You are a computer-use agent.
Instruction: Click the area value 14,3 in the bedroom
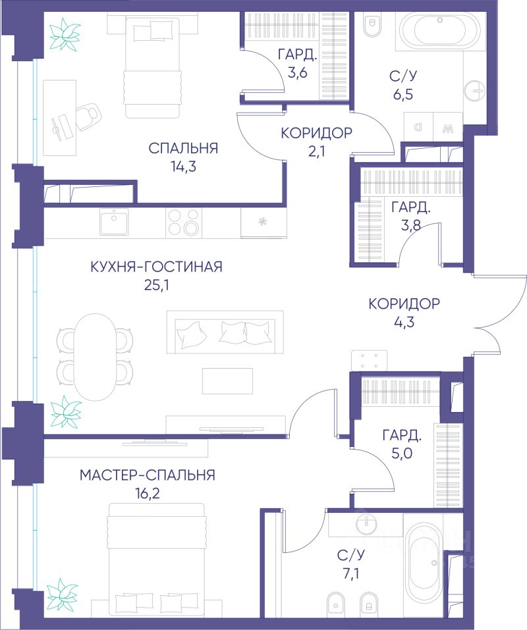coord(183,167)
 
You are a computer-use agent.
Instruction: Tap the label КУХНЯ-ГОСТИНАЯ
coord(156,267)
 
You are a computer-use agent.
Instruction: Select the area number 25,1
coord(156,285)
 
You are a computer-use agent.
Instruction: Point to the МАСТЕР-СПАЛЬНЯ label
coord(147,475)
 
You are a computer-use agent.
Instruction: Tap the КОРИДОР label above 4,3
coord(404,303)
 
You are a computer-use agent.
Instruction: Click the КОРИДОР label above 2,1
coord(316,132)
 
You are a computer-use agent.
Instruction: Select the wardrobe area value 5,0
coord(402,454)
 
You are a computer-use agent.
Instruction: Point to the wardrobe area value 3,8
coord(411,226)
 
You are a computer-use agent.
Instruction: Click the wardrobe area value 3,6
coord(298,72)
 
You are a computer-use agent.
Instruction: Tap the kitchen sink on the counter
coord(114,222)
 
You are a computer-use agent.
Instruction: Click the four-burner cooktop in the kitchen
coord(184,223)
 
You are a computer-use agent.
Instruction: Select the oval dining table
coord(95,357)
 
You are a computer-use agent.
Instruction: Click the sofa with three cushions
coord(225,332)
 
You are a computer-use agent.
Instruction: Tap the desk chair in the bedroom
coord(87,117)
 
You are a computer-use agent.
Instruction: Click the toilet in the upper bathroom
coord(371,25)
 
